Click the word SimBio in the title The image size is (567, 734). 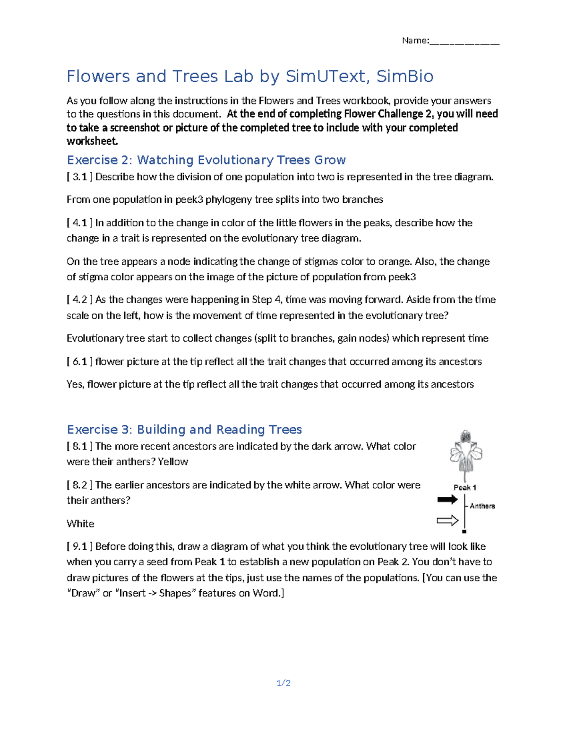[x=404, y=77]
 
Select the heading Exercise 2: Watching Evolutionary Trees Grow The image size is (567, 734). [x=206, y=160]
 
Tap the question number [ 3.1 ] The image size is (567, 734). [x=79, y=177]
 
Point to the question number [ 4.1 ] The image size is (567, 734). [x=79, y=223]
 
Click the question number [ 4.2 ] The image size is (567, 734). [x=79, y=300]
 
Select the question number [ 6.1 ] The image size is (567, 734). [x=79, y=362]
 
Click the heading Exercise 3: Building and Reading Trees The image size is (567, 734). [x=184, y=430]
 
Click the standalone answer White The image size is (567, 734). [x=80, y=524]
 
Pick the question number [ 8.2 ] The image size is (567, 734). [x=79, y=485]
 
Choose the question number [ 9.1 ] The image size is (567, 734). [x=79, y=546]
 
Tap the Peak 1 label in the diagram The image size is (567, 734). [x=465, y=487]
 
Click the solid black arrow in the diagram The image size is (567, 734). [x=447, y=500]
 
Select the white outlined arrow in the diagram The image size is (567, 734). [x=447, y=521]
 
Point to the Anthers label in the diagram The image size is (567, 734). [x=482, y=506]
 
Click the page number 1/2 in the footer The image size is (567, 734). [x=283, y=683]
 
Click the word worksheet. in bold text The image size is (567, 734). [x=92, y=141]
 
